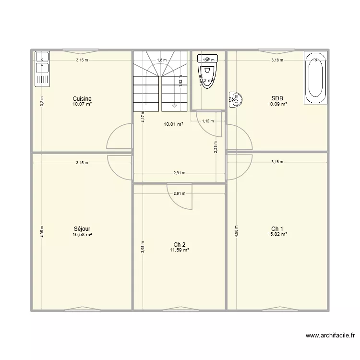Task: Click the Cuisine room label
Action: [x=82, y=99]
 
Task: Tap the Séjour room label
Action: [x=82, y=229]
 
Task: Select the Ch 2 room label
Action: [x=180, y=245]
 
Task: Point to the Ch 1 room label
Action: [x=277, y=228]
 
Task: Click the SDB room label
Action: [x=277, y=98]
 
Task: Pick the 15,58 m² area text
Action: [x=82, y=235]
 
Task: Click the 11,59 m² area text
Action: [x=180, y=250]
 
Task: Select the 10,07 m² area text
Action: [x=82, y=104]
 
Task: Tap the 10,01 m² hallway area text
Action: [x=173, y=124]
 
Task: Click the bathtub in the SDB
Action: [x=315, y=78]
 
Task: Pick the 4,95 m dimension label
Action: [x=42, y=231]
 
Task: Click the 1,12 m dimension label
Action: [x=207, y=121]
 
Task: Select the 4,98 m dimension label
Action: [x=236, y=231]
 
